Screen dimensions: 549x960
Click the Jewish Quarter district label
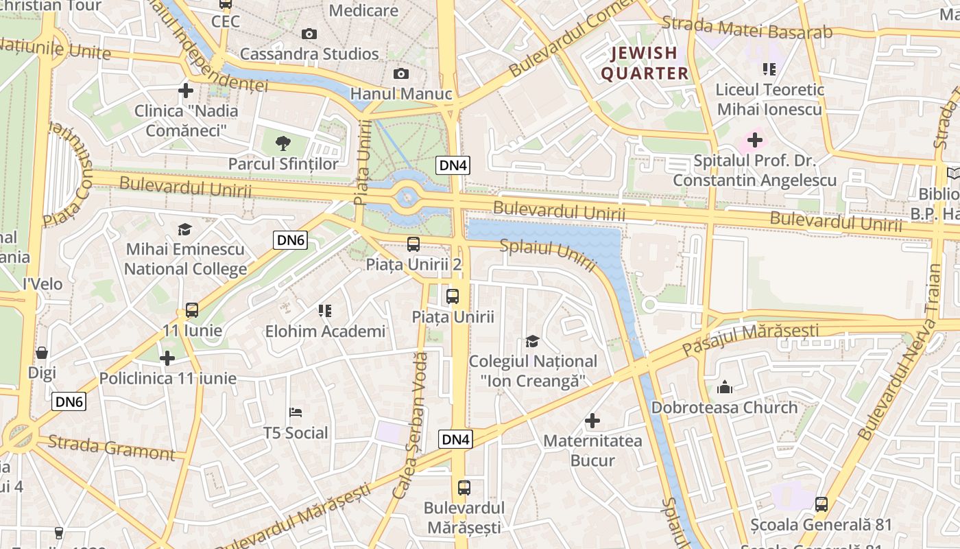645,63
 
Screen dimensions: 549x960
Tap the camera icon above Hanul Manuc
401,73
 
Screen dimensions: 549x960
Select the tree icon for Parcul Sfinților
283,143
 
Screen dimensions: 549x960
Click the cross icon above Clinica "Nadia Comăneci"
185,90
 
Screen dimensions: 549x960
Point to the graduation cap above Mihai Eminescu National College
184,229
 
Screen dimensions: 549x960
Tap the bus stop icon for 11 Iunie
192,310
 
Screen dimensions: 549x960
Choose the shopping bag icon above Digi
42,353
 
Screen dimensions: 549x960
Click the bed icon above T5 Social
296,412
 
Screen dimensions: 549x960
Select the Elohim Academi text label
326,331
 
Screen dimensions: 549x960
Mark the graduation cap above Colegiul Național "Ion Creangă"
532,341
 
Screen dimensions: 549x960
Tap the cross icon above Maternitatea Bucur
592,420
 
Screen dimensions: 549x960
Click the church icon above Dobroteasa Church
725,388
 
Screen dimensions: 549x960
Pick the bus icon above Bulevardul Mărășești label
464,488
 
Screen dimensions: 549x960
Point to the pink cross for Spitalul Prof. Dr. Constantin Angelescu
754,141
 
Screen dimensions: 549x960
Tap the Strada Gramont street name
112,447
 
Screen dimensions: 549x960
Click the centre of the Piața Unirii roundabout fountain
407,198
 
